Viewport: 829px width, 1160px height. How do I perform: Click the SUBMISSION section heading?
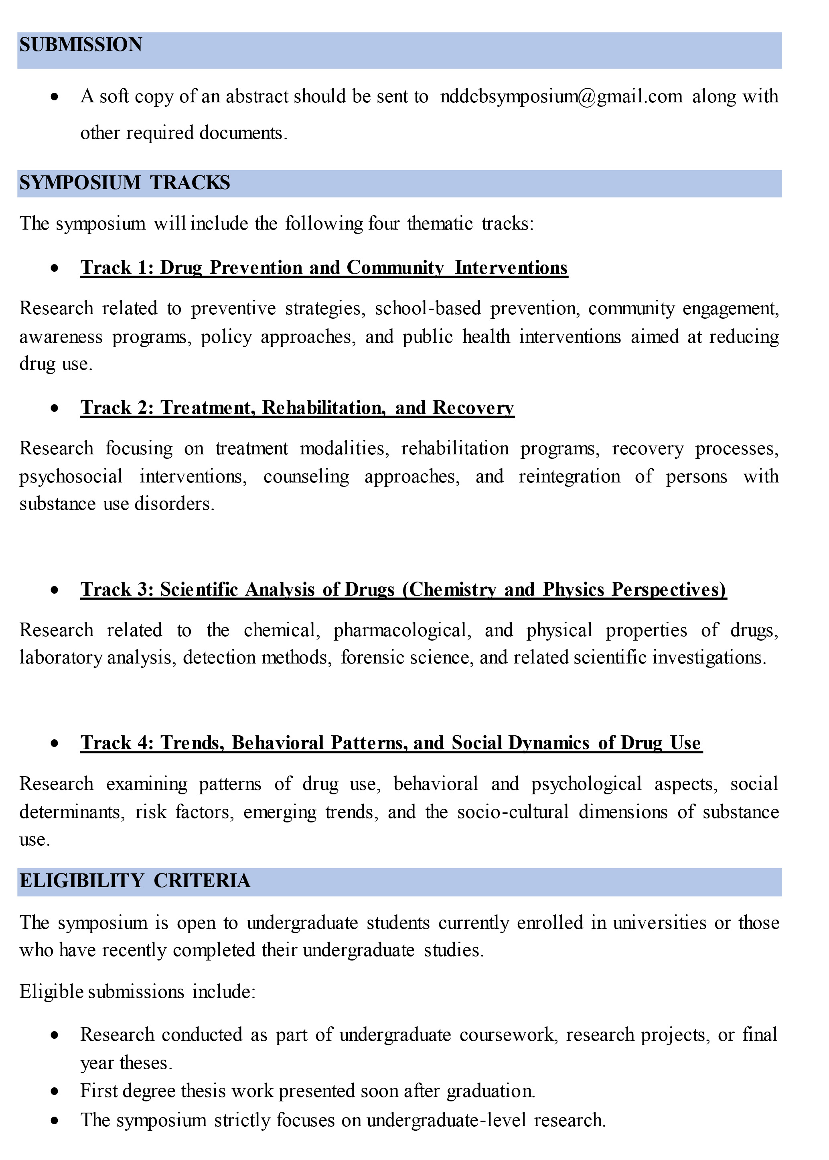[x=81, y=45]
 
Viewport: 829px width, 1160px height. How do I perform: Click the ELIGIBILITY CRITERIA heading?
[x=135, y=881]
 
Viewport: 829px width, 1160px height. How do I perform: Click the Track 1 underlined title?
[x=324, y=268]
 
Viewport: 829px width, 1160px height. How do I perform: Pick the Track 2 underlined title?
[x=297, y=408]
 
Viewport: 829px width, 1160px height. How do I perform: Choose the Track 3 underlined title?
[x=403, y=590]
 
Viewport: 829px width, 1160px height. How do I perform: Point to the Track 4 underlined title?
[x=391, y=743]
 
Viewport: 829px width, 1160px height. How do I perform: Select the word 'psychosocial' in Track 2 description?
[x=71, y=476]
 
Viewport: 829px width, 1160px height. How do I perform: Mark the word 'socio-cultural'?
[x=513, y=812]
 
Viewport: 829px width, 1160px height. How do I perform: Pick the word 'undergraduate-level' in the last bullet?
[x=446, y=1120]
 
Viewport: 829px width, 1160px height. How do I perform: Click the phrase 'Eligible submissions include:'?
[x=137, y=991]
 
